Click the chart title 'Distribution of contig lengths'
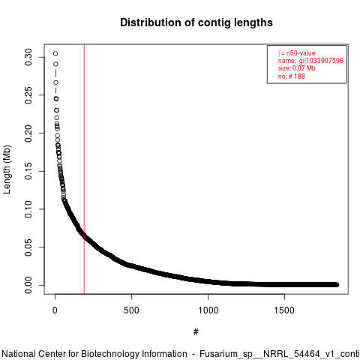(196, 22)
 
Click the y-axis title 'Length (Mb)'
(7, 169)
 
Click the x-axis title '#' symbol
(196, 332)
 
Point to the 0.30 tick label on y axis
(28, 57)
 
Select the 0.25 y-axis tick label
(28, 95)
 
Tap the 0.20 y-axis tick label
(28, 133)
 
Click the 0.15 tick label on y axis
(28, 171)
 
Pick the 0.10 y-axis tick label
(28, 209)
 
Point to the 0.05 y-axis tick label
(28, 247)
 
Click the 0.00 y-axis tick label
(28, 285)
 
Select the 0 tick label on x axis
(55, 310)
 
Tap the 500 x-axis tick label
(131, 310)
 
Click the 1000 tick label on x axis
(208, 310)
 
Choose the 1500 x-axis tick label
(284, 310)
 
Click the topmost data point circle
(55, 53)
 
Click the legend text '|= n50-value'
(296, 53)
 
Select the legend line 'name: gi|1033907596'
(310, 61)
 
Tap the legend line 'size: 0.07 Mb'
(297, 68)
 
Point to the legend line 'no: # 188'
(292, 76)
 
